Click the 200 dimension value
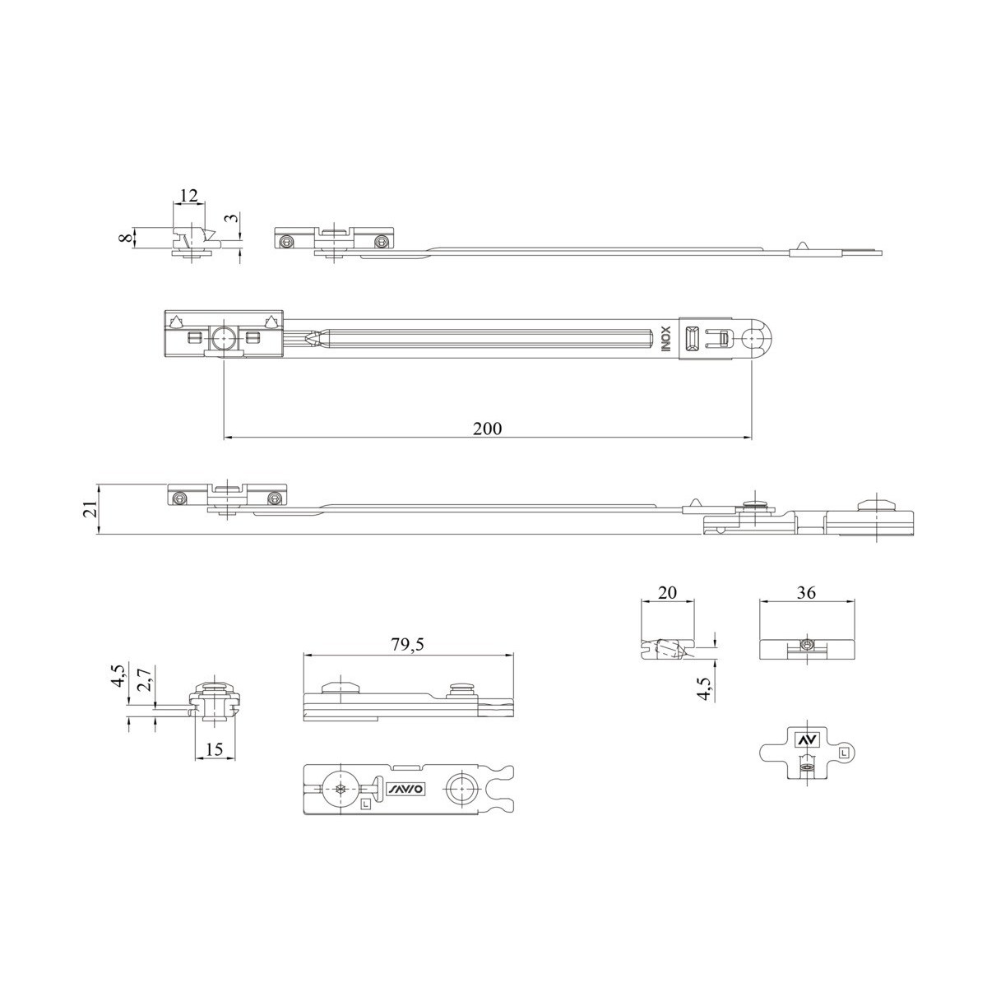pos(487,428)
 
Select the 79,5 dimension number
pos(408,644)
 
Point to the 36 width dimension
pos(806,592)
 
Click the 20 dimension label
pos(667,592)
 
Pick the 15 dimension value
pos(215,748)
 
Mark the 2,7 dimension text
pos(146,679)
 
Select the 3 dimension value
pos(232,217)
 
